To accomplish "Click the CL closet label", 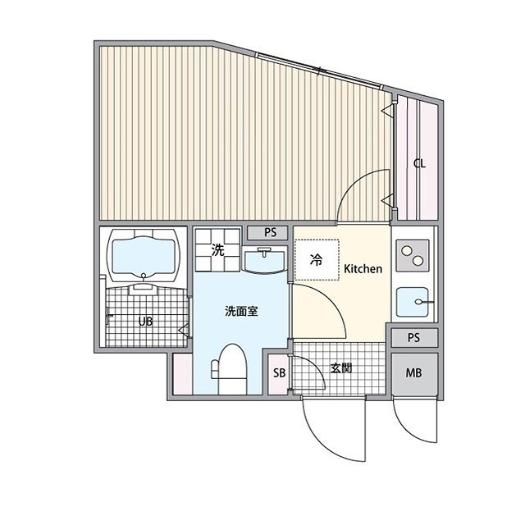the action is pos(419,164).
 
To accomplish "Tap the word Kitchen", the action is pos(363,268).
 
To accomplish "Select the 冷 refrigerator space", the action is pos(317,260).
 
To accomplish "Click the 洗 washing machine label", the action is pos(218,249).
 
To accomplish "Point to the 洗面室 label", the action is pos(241,312).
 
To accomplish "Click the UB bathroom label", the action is pos(146,322).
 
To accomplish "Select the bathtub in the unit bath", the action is pos(144,256).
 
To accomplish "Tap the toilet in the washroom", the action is pos(230,368).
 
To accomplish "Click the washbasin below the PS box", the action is pos(264,261).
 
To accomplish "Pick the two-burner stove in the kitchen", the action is pos(412,255).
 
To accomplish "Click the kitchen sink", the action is pos(413,302).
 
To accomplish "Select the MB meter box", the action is pos(414,373).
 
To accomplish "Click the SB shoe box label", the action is pos(279,372).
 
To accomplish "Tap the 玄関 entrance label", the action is pos(341,368).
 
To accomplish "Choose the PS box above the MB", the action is pos(414,337).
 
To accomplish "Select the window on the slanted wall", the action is pos(320,71).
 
